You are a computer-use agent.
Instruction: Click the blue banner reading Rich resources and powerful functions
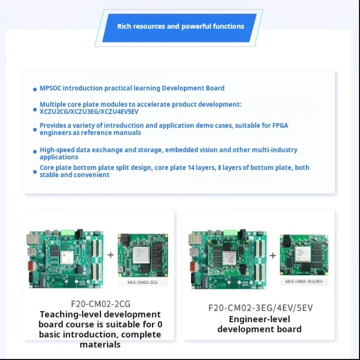[180, 27]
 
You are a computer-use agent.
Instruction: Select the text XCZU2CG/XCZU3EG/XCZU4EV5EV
[89, 111]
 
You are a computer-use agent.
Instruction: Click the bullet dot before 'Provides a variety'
[35, 129]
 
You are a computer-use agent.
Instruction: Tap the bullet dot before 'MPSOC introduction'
[35, 89]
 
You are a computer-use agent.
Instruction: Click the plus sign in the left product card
[111, 254]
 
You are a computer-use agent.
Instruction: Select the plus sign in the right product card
[273, 255]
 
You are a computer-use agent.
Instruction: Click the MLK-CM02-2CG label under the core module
[143, 282]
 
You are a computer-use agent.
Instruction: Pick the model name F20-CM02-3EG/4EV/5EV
[260, 308]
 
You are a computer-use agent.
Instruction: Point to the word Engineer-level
[259, 319]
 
